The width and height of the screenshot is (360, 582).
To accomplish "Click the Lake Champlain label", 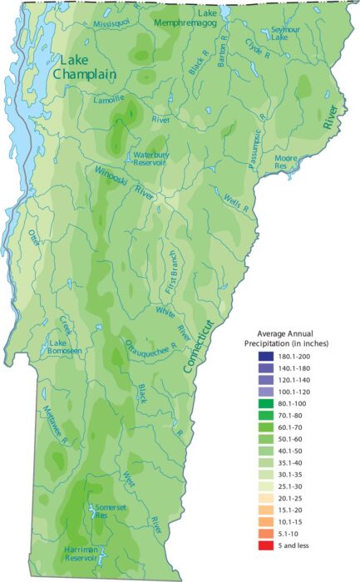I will pyautogui.click(x=84, y=67).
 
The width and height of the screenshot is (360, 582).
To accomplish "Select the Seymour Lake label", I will pyautogui.click(x=285, y=32).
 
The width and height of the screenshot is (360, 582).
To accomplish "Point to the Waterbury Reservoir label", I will pyautogui.click(x=150, y=159).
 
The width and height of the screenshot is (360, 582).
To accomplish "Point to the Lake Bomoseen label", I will pyautogui.click(x=67, y=347).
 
